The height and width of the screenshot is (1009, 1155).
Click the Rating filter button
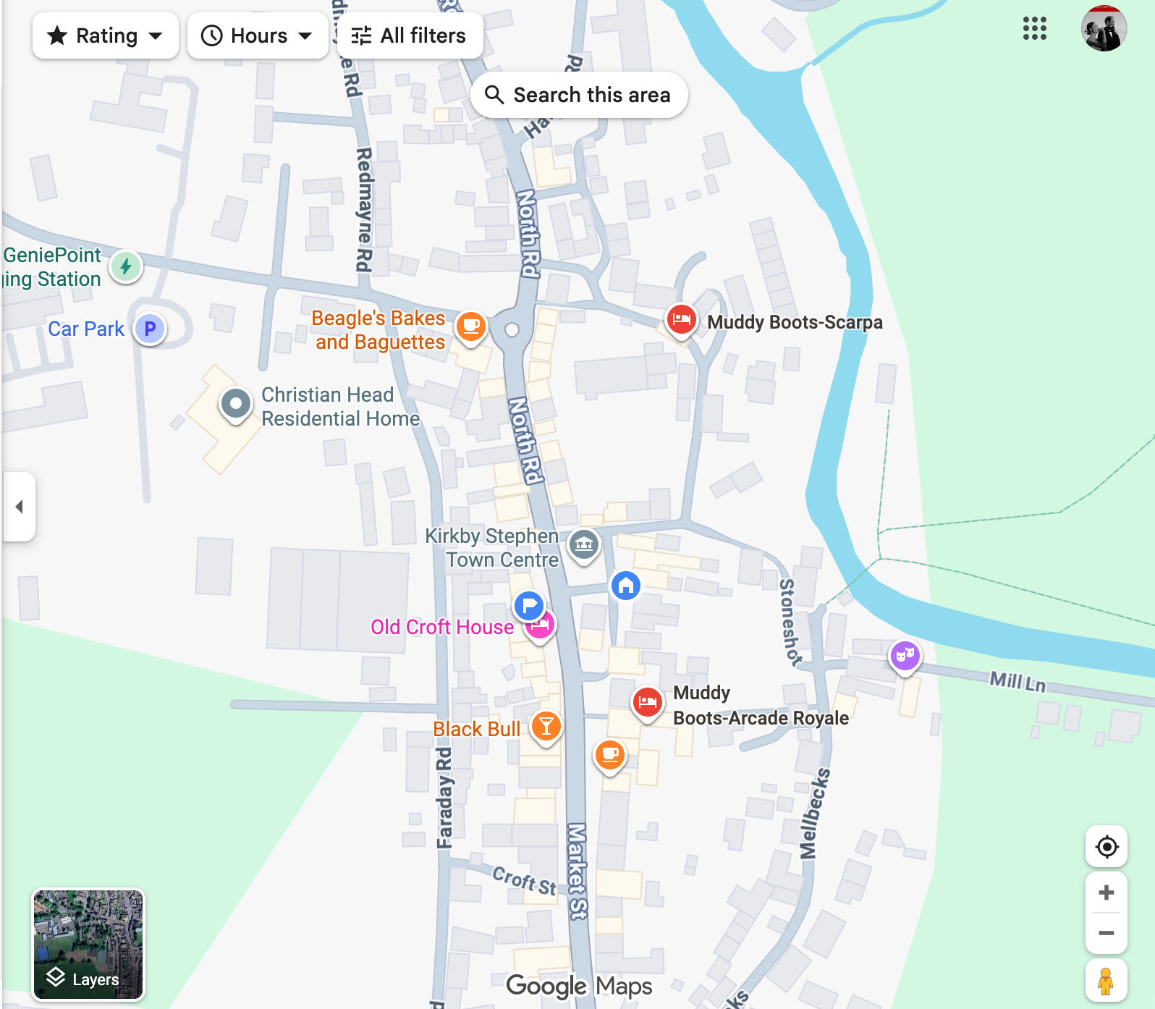105,35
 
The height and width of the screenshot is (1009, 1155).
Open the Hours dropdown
257,35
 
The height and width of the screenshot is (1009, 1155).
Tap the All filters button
409,35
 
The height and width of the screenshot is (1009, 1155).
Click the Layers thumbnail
88,944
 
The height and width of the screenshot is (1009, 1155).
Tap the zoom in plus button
1106,892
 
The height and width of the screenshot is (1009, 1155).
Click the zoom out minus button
1106,933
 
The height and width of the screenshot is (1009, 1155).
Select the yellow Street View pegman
1105,981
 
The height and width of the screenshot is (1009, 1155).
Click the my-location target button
1107,846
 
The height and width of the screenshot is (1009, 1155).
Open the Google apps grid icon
1034,29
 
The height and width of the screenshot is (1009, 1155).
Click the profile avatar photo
1104,29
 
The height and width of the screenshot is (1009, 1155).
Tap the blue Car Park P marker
150,329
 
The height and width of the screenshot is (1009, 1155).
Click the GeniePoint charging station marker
126,266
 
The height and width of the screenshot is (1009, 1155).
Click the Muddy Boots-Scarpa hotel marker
681,319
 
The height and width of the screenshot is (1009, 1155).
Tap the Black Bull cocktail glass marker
546,725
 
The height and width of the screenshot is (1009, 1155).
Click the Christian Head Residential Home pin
235,403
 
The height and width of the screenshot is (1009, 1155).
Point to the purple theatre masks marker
905,656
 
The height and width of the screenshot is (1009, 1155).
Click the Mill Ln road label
1017,681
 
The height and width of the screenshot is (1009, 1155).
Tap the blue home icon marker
626,585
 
